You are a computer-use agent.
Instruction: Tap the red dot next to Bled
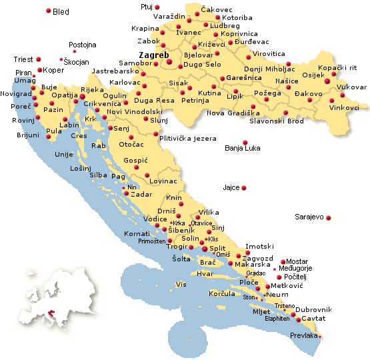(x=49, y=11)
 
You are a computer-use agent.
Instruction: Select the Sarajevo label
(x=309, y=217)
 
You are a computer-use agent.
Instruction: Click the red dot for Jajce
(x=244, y=188)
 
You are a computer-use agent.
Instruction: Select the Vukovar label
(x=351, y=87)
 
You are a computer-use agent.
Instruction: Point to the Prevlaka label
(x=304, y=336)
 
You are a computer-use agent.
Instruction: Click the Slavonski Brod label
(x=276, y=121)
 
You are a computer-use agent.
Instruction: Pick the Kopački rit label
(x=337, y=68)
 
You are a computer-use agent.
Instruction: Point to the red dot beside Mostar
(x=283, y=261)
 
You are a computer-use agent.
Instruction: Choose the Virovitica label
(x=269, y=53)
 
